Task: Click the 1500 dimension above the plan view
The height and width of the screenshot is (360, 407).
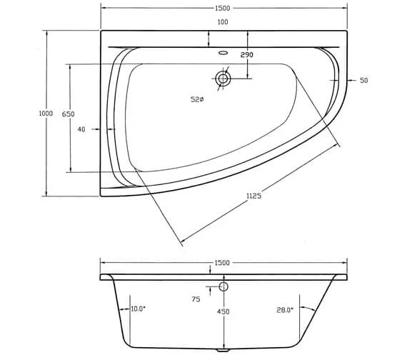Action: [x=222, y=9]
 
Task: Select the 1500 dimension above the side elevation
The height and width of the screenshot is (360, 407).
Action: [x=222, y=263]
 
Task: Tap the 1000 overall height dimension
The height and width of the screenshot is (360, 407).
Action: [x=46, y=113]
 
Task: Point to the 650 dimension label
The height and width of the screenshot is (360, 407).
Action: [x=69, y=114]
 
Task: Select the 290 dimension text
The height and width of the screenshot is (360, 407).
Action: [x=247, y=55]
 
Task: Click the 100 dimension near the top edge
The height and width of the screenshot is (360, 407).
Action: [x=223, y=23]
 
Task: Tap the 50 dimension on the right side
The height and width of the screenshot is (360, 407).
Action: [x=363, y=81]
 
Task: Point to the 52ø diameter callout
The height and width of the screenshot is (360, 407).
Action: [x=197, y=99]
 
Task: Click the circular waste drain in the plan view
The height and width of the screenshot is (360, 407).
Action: [x=223, y=79]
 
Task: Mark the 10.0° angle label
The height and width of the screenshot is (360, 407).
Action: [x=138, y=309]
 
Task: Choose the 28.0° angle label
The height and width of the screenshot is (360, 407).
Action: [x=285, y=309]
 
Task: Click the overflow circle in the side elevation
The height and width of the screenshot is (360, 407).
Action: [x=223, y=286]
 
